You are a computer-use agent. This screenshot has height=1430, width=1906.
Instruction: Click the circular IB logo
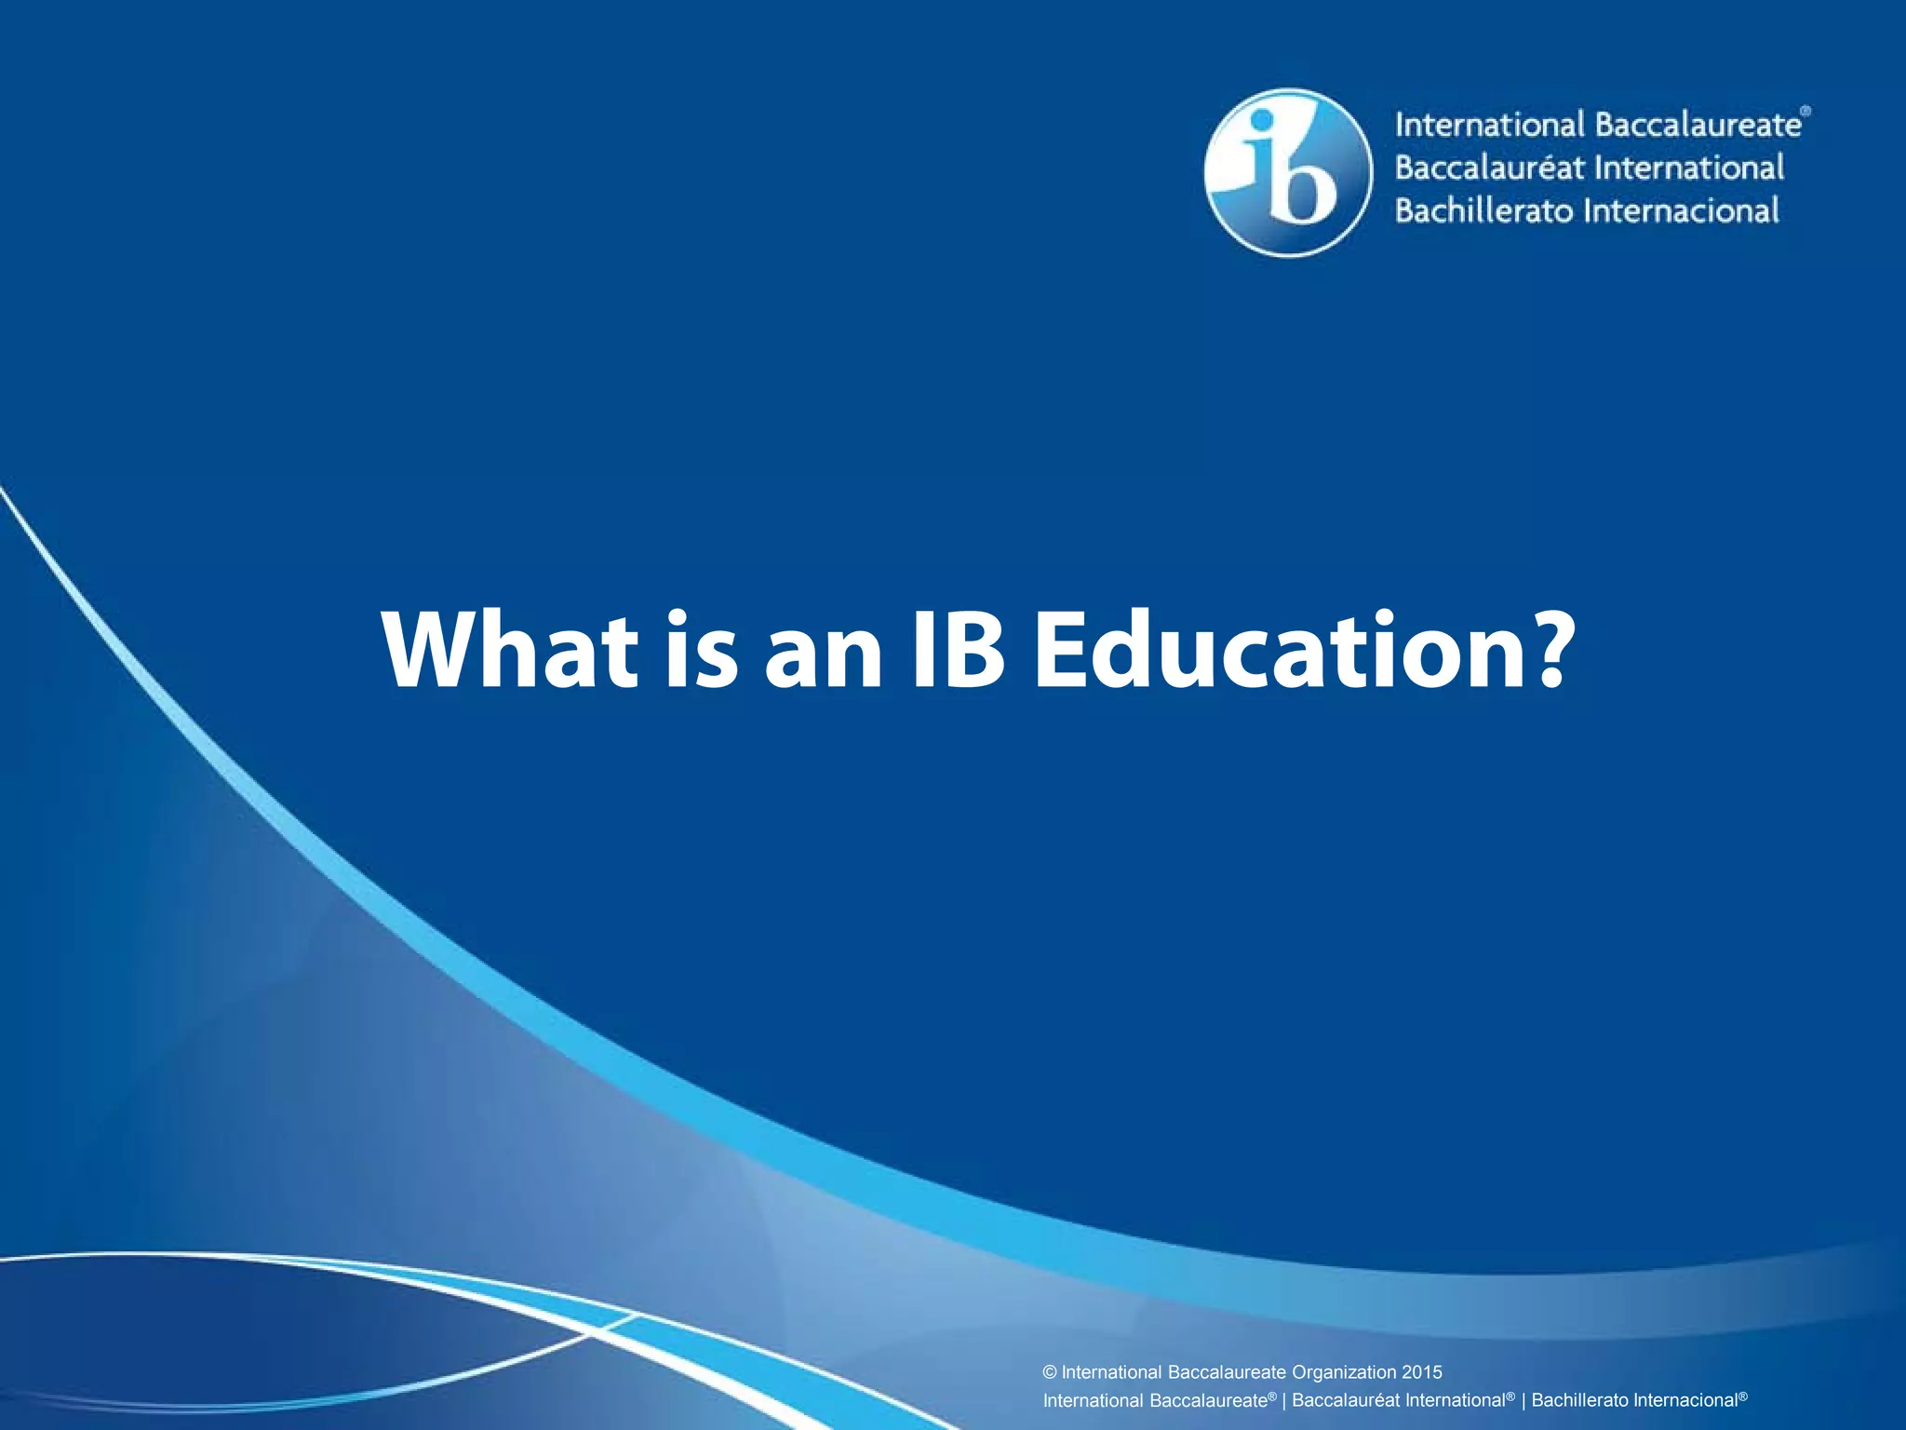point(1287,172)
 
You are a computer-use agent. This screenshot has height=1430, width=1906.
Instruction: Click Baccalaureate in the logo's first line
point(1698,125)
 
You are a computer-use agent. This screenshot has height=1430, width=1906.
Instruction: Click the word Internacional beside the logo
point(1682,211)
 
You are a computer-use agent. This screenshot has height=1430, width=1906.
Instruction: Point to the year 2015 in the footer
point(1422,1372)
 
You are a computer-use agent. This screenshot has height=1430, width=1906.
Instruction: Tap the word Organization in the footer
point(1344,1372)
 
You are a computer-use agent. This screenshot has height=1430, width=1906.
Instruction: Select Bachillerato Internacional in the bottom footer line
point(1635,1400)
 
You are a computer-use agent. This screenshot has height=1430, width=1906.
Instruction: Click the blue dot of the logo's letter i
point(1262,120)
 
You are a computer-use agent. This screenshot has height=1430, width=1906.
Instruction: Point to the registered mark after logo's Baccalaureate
point(1805,111)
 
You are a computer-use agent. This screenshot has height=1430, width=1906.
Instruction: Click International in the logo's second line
point(1690,169)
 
